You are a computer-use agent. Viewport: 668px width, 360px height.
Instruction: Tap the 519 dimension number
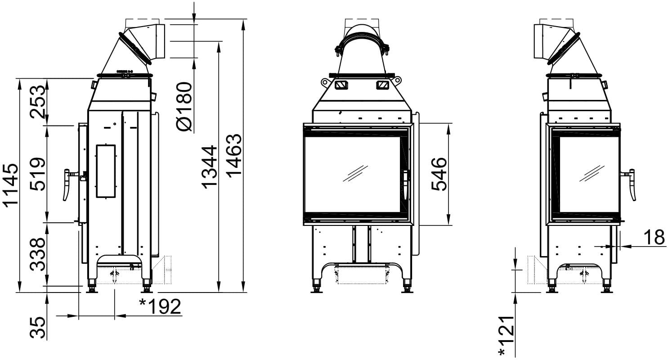[38, 174]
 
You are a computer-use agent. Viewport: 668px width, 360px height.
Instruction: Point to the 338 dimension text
[38, 254]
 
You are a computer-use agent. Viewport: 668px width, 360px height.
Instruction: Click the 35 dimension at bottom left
[38, 328]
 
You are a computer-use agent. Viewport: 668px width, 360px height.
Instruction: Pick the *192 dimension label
[161, 306]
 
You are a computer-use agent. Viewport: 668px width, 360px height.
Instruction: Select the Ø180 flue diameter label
[184, 107]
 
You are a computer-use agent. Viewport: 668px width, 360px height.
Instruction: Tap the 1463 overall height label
[234, 156]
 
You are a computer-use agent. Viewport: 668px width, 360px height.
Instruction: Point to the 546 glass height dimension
[439, 174]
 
